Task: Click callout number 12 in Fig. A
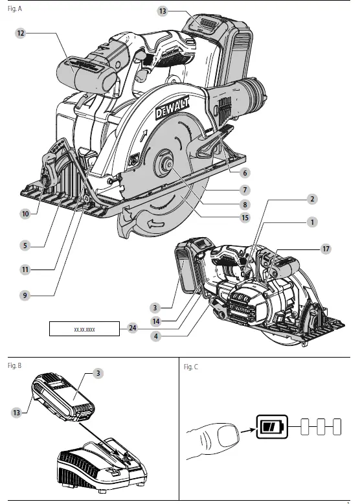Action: tap(21, 32)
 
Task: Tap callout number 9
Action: tap(25, 294)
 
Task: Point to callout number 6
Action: tap(245, 173)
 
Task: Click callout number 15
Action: tap(245, 218)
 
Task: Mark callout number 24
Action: tap(132, 328)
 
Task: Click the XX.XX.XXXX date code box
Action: tap(85, 329)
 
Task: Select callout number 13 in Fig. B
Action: tap(16, 412)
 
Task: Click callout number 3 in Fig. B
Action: tap(98, 373)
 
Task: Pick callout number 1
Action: tap(312, 222)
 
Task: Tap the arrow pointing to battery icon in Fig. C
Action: tap(245, 428)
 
